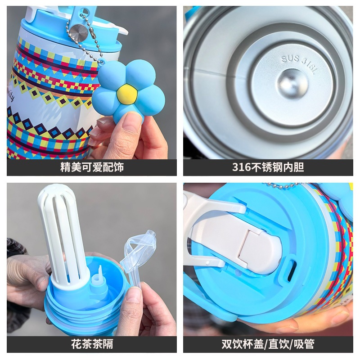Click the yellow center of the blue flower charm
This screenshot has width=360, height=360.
click(127, 94)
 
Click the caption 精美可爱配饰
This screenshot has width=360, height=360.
click(92, 167)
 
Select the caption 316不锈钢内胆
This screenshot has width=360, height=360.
click(268, 167)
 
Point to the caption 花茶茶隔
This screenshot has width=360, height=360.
click(92, 344)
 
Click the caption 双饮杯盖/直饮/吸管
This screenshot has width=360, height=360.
click(268, 344)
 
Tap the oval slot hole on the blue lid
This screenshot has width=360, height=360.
click(292, 270)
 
